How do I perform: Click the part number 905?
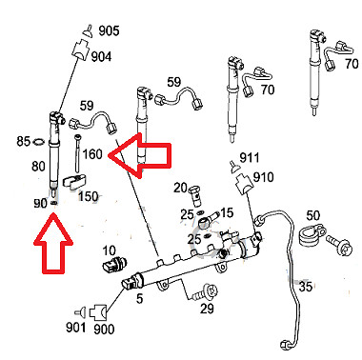coord(110,31)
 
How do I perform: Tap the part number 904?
coord(102,57)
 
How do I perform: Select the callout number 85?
coord(24,143)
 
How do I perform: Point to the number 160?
coord(92,153)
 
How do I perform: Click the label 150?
coord(89,197)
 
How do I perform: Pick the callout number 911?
coord(250,157)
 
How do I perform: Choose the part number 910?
coord(262,176)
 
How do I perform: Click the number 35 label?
coord(305,286)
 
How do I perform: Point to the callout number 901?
coord(75,330)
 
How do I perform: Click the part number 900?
coord(104,330)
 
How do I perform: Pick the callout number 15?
coord(227,211)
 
